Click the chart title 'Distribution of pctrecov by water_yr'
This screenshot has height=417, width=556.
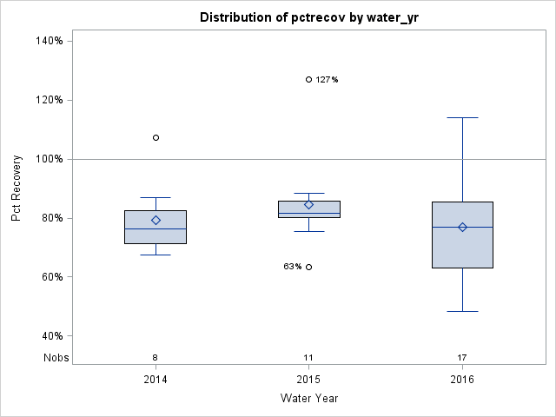(x=308, y=17)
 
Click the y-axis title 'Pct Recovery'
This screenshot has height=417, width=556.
(x=17, y=189)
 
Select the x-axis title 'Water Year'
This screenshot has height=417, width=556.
(x=308, y=398)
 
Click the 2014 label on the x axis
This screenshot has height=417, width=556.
(x=156, y=380)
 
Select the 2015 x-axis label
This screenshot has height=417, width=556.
(x=308, y=380)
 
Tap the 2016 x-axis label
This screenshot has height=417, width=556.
(x=462, y=380)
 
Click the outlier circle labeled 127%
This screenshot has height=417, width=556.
(x=308, y=79)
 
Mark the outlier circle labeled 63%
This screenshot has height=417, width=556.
(x=308, y=267)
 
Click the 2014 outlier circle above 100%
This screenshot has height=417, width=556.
(x=156, y=137)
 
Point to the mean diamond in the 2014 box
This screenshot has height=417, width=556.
(x=156, y=221)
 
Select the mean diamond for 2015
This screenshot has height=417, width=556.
(x=308, y=205)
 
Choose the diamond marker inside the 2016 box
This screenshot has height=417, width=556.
(x=462, y=227)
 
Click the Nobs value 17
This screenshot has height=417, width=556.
(x=462, y=357)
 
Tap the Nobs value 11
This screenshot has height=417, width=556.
(x=308, y=357)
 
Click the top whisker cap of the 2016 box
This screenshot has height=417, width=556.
(x=462, y=117)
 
